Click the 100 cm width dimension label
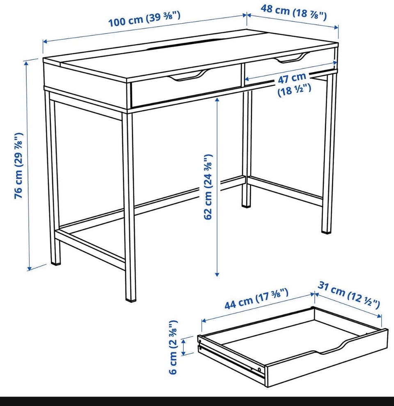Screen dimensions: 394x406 144,19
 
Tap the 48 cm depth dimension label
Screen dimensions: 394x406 293,12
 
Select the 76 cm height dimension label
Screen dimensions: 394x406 19,166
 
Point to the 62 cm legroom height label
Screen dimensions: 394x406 208,187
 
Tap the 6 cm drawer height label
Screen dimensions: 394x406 173,347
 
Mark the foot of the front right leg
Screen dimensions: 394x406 327,230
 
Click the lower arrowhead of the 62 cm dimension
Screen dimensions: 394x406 217,274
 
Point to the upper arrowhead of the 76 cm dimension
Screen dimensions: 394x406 26,64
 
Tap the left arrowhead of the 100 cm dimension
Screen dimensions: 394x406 45,41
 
